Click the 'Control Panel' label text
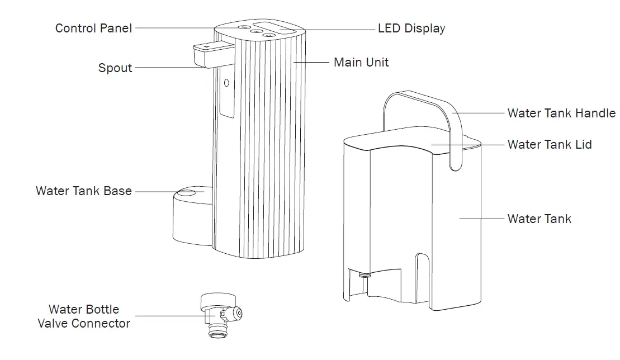[x=93, y=28]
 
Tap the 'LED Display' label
[x=411, y=28]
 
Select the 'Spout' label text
[x=115, y=68]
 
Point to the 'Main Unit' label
[x=361, y=62]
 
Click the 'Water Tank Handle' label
[x=561, y=113]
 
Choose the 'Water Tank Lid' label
[x=550, y=145]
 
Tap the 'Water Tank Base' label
[x=84, y=191]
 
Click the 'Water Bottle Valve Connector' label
[x=84, y=316]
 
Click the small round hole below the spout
[x=226, y=83]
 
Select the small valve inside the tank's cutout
[x=364, y=276]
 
